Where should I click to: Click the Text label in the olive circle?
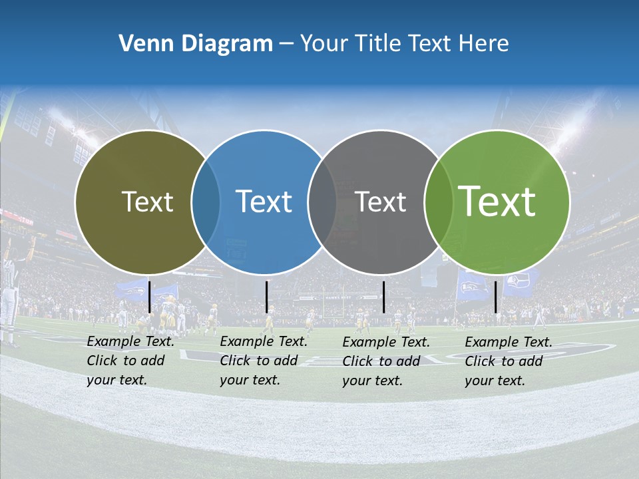(147, 202)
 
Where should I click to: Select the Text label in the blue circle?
(264, 202)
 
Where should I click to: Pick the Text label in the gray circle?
(380, 202)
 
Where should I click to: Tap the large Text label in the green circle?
(497, 202)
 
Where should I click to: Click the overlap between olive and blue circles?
(206, 202)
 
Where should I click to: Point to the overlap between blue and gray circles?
(322, 202)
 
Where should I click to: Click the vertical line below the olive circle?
(149, 297)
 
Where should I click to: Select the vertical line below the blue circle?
(266, 297)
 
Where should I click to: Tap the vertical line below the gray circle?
(383, 297)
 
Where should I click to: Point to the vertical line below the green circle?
(496, 297)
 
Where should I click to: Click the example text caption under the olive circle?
(130, 361)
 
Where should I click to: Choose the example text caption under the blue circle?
(263, 361)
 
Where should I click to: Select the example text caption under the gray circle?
(385, 361)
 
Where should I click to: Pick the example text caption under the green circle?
(508, 361)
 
